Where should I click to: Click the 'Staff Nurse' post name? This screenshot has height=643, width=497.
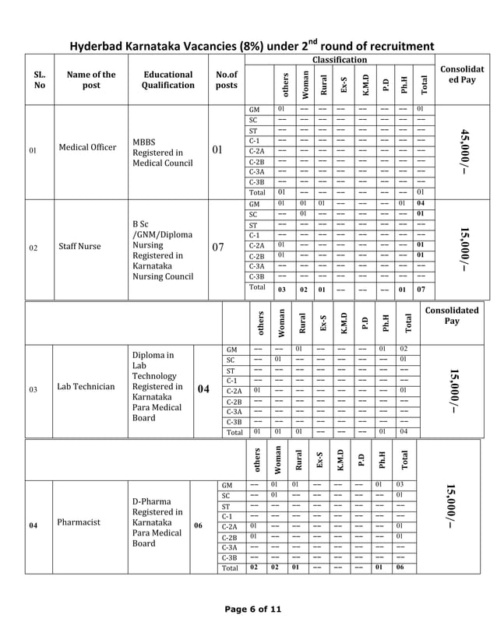[79, 247]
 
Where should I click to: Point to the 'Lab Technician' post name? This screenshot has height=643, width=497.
[86, 386]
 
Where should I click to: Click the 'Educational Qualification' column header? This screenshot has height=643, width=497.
[168, 80]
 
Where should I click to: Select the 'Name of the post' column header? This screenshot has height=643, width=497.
[91, 80]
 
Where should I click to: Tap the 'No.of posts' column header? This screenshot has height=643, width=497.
[226, 80]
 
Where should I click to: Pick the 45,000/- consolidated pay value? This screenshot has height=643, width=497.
[465, 153]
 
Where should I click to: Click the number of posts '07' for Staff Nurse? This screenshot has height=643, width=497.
[219, 248]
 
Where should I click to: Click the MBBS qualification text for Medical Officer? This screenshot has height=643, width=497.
[144, 142]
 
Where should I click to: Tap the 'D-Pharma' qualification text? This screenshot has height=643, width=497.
[147, 501]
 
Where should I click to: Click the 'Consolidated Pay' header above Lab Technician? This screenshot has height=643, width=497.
[451, 315]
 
